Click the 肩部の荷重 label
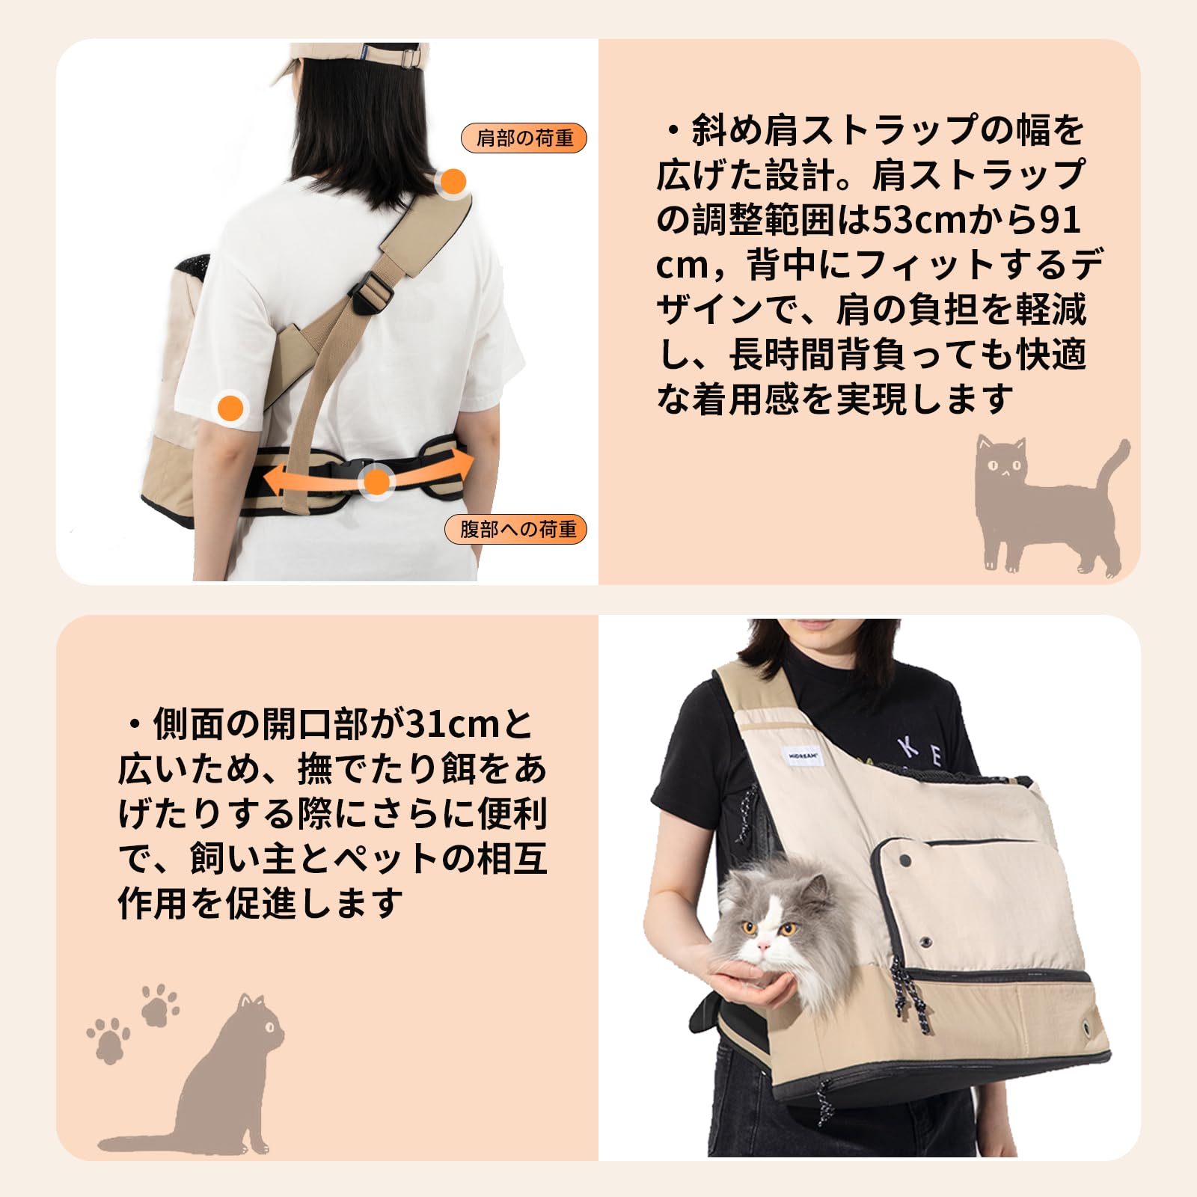(x=524, y=138)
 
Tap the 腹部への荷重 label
(x=518, y=530)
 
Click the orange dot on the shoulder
(x=453, y=181)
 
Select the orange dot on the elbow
(x=230, y=408)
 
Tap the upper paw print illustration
(x=159, y=1004)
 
